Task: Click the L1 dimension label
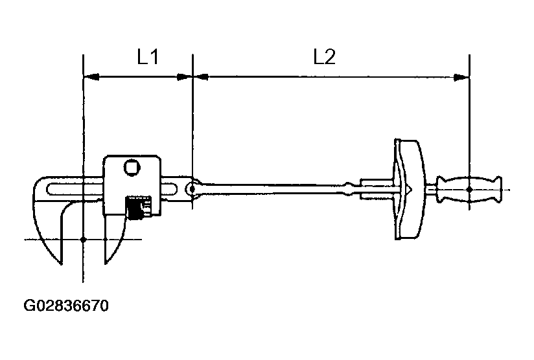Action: [148, 58]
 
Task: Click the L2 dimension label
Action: [323, 58]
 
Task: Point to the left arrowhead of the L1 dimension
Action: [91, 77]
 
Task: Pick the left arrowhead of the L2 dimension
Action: [201, 77]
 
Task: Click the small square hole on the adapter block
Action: [132, 167]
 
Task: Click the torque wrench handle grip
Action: [469, 190]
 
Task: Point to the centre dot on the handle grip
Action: [469, 190]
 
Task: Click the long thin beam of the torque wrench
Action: [272, 188]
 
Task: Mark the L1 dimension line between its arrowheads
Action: [138, 77]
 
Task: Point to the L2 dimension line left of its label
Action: [259, 77]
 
